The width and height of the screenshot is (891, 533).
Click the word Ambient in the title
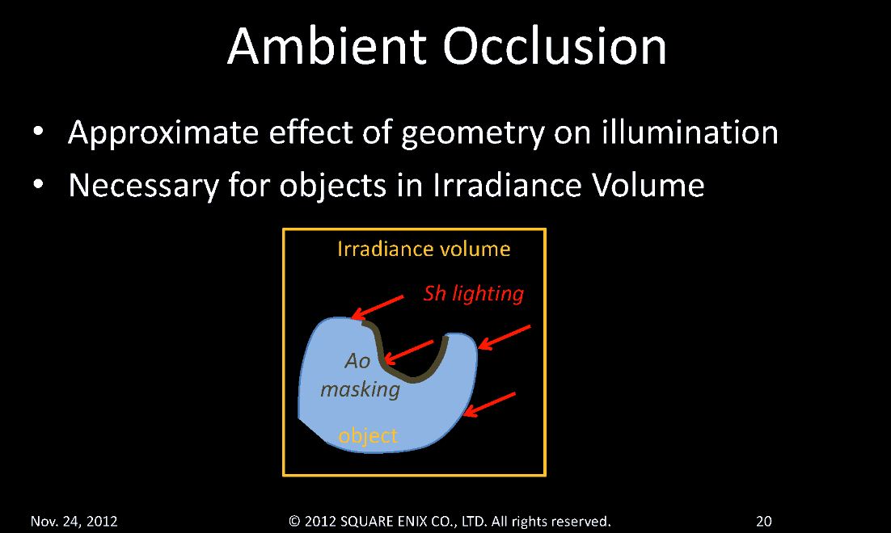tap(326, 47)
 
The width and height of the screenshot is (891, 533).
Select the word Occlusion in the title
tap(555, 47)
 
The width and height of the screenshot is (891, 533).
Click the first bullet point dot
tap(38, 132)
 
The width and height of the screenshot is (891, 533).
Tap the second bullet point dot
tap(38, 184)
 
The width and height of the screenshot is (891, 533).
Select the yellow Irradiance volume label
tap(424, 249)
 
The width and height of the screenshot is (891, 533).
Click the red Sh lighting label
tap(473, 294)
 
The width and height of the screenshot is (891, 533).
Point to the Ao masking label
tap(360, 376)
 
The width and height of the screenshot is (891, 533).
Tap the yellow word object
tap(368, 436)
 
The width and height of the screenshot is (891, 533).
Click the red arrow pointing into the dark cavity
tap(409, 352)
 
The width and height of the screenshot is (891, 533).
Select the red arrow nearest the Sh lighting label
tap(378, 308)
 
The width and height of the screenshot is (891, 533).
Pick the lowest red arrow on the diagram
tap(489, 405)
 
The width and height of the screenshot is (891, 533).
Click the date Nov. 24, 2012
tap(74, 521)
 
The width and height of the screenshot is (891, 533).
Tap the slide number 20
tap(764, 521)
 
